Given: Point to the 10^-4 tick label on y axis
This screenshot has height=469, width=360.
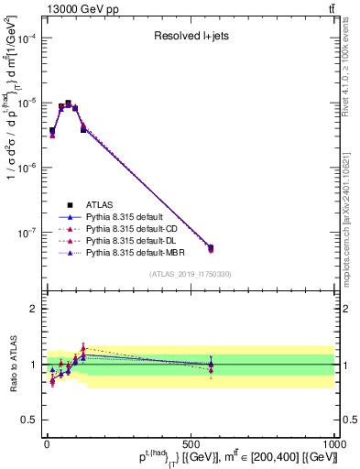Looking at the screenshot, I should (x=27, y=38).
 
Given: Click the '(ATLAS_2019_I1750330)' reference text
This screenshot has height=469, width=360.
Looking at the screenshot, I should (x=191, y=274).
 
